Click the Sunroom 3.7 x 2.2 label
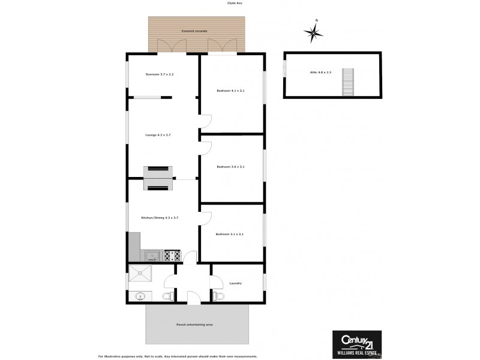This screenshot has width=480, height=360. pyautogui.click(x=160, y=74)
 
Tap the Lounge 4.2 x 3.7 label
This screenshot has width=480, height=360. pyautogui.click(x=158, y=135)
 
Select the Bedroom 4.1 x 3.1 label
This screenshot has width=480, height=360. pyautogui.click(x=231, y=91)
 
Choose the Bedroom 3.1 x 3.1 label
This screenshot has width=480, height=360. pyautogui.click(x=231, y=234)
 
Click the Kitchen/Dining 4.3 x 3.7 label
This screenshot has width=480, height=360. pyautogui.click(x=160, y=217)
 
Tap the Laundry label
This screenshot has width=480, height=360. pyautogui.click(x=236, y=283)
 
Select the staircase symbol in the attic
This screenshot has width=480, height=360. pyautogui.click(x=347, y=82)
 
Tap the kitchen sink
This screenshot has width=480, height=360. pyautogui.click(x=153, y=256)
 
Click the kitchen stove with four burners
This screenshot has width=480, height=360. pyautogui.click(x=172, y=256)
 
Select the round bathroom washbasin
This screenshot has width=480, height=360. pyautogui.click(x=140, y=296)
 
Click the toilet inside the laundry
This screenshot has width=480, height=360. pyautogui.click(x=218, y=296)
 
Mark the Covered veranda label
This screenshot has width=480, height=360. pyautogui.click(x=197, y=31)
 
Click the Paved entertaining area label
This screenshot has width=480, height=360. pyautogui.click(x=194, y=325)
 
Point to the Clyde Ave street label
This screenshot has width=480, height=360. pyautogui.click(x=235, y=3)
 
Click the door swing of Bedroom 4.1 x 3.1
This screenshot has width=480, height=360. pyautogui.click(x=205, y=122)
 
